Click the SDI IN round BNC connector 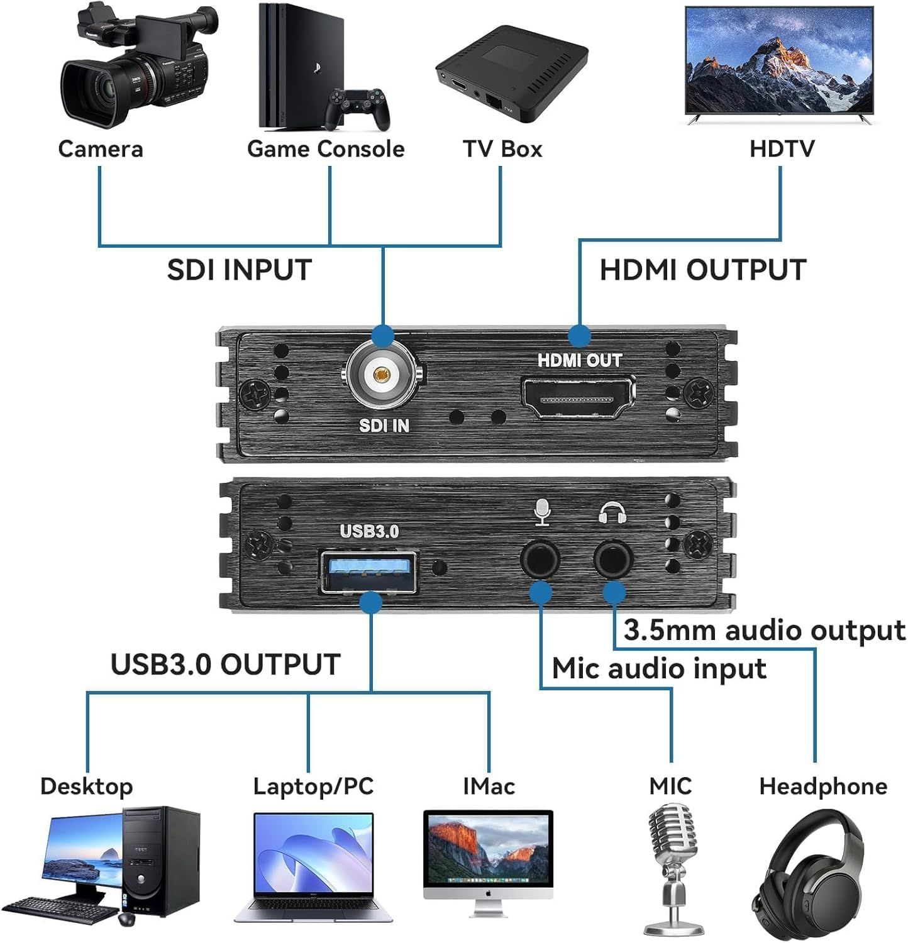[381, 375]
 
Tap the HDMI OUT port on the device [577, 397]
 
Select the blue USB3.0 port [369, 571]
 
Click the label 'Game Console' [325, 149]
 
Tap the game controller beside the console [358, 108]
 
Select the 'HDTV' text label [782, 149]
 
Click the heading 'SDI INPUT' [240, 270]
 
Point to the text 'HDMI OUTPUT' [702, 270]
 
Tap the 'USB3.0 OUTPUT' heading [225, 665]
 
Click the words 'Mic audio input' [659, 668]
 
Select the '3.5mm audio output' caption [764, 631]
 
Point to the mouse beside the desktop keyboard [126, 918]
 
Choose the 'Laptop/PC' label [313, 786]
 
